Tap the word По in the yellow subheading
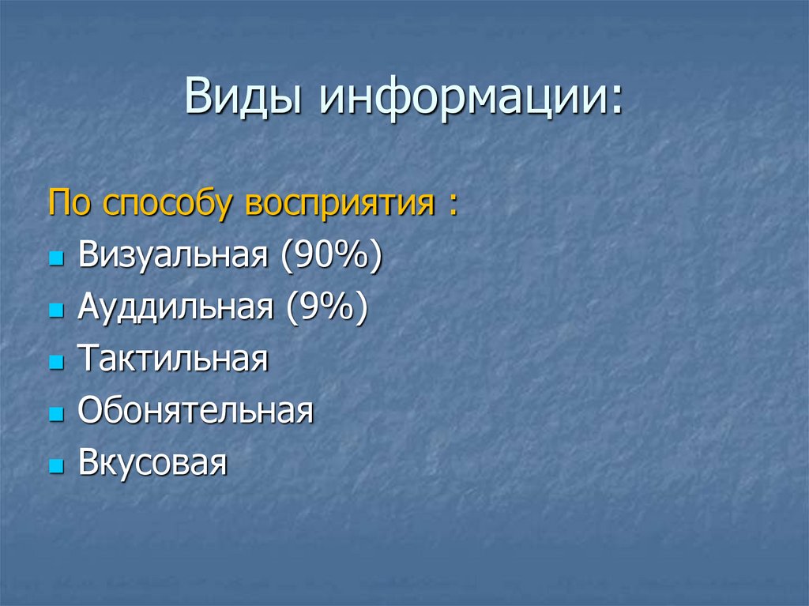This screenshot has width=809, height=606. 70,204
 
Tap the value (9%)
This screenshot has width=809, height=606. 320,309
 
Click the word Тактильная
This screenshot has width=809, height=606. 174,359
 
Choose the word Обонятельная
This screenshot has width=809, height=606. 196,411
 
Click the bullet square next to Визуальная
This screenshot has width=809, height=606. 55,259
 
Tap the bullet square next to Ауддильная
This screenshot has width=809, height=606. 55,311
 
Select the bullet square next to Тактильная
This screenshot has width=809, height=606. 55,362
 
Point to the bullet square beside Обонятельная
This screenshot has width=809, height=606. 55,413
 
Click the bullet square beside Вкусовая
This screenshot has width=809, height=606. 55,465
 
